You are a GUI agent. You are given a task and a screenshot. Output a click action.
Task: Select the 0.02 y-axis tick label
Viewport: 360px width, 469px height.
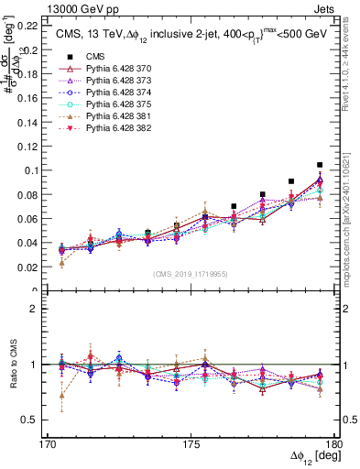[36, 267]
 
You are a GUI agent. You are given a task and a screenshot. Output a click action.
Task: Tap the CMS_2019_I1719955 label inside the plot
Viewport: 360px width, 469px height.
[191, 274]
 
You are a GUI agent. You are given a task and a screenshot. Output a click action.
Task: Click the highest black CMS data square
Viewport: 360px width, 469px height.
[320, 165]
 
